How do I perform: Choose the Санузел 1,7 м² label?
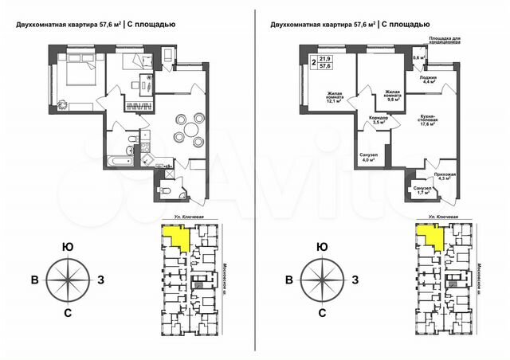click(420, 190)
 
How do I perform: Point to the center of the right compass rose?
click(320, 280)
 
